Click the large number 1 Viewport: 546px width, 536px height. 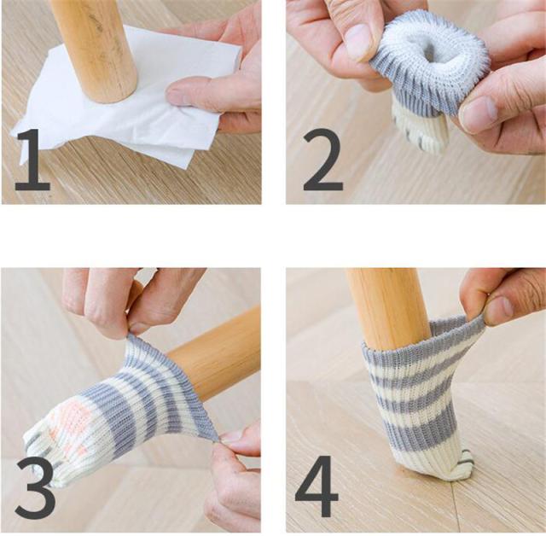(x=33, y=160)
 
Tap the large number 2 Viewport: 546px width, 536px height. (x=322, y=160)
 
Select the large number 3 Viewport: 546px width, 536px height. (x=35, y=487)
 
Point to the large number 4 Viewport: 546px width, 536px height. (x=317, y=486)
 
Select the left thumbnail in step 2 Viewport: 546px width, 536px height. (x=358, y=43)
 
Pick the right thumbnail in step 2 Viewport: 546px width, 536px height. (x=478, y=114)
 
